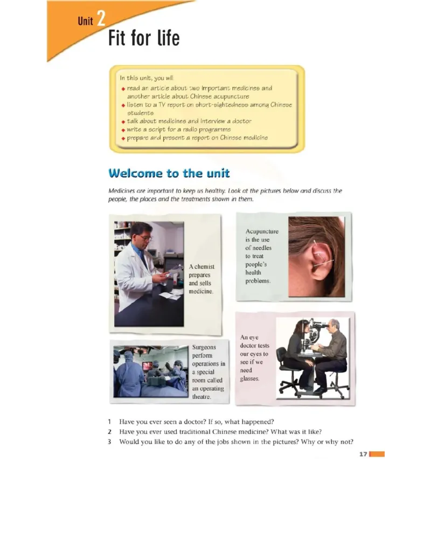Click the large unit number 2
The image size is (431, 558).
101,18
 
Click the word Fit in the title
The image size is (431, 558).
117,38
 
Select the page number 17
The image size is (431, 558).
363,454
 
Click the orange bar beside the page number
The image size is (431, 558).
377,454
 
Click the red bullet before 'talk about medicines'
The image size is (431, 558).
123,122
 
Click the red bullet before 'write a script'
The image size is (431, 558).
123,130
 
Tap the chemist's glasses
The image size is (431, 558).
146,237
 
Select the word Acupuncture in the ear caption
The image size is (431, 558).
262,231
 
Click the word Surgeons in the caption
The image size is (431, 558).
204,347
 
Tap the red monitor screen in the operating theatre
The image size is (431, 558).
147,366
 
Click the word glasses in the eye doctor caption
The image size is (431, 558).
249,378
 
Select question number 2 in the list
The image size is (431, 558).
110,432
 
